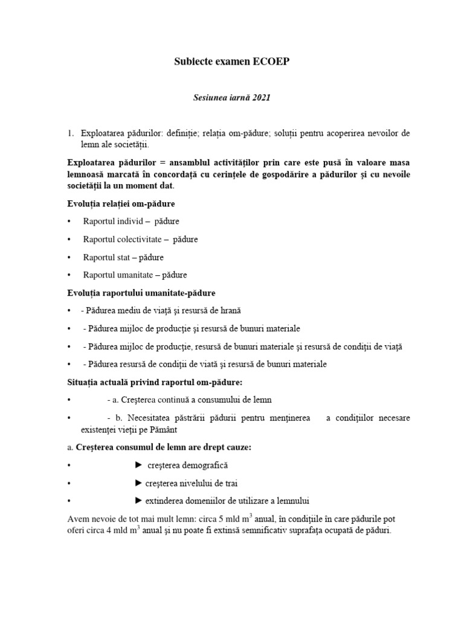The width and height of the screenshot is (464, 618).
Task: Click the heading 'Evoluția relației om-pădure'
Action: (x=121, y=203)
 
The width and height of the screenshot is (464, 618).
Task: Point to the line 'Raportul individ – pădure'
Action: (x=131, y=221)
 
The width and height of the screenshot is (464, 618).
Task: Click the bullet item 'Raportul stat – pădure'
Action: (x=123, y=257)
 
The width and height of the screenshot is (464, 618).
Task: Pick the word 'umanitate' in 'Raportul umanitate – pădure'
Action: (x=134, y=275)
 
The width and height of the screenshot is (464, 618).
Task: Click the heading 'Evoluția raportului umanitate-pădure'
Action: (x=141, y=293)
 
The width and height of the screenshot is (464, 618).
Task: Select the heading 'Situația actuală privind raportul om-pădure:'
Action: (x=156, y=382)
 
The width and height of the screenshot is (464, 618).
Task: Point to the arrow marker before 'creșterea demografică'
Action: (x=138, y=465)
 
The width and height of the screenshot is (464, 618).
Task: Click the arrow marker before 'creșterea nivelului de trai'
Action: (x=138, y=483)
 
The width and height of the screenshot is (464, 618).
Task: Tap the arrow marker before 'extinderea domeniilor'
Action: (x=138, y=500)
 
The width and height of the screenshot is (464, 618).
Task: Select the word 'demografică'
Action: (x=205, y=466)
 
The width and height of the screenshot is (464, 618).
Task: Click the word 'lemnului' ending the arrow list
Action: (x=296, y=501)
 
